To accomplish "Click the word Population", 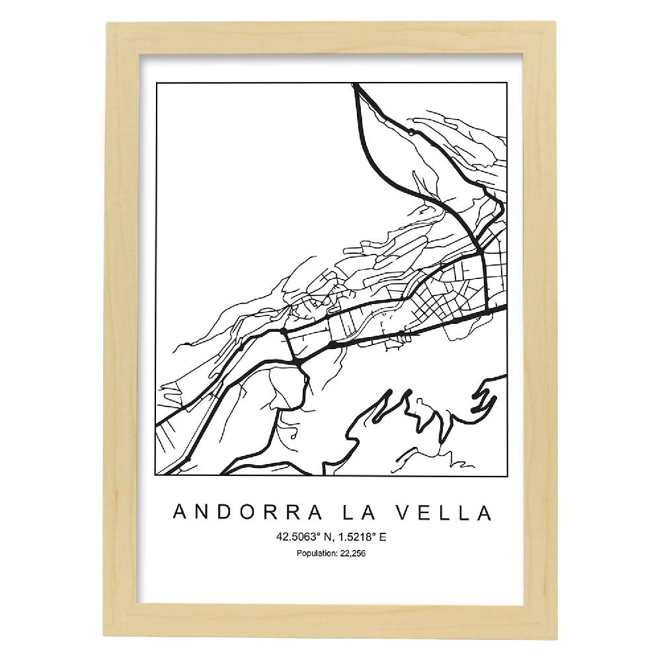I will pos(313,553).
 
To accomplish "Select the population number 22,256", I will pos(351,553).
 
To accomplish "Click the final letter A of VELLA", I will pos(485,512).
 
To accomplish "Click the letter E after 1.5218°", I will pos(383,537).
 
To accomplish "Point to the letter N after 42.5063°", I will pos(329,537).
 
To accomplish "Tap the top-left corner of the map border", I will pos(156,84).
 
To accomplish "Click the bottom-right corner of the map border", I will pos(506,475).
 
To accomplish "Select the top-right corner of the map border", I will pos(506,84).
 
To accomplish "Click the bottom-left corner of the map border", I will pos(156,475).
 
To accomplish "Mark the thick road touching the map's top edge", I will pos(356,87).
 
